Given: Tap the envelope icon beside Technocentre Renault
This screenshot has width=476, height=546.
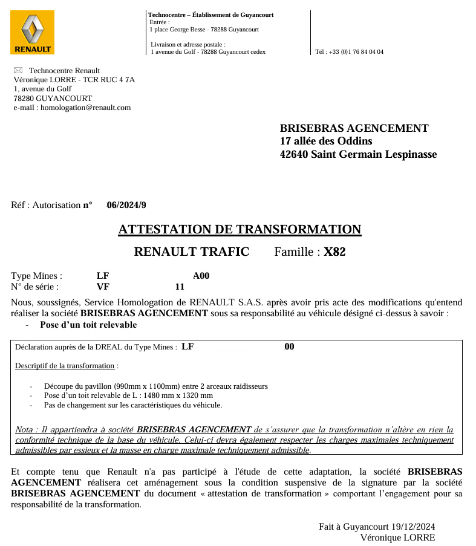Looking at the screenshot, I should (18, 71).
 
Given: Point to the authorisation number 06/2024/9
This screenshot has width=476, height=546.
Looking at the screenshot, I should (126, 205).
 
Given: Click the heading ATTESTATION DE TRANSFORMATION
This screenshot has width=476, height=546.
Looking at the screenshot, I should (240, 230).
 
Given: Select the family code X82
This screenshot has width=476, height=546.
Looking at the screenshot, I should (334, 252).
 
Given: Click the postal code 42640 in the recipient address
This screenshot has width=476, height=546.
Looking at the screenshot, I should (294, 154).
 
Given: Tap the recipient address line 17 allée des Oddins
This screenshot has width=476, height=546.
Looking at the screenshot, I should (326, 141).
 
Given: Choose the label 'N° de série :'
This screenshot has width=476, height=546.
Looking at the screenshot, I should (35, 287).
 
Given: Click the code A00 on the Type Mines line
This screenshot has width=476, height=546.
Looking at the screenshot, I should (201, 276).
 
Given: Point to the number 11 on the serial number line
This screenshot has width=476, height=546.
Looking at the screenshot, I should (180, 287).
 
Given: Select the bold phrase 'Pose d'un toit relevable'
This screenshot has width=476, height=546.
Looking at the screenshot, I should (88, 325).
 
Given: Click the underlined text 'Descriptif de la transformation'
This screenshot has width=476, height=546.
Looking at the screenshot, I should (65, 366).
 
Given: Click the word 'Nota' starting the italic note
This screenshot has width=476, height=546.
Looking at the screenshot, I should (24, 430).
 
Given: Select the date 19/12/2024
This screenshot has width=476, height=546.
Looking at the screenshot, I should (413, 527).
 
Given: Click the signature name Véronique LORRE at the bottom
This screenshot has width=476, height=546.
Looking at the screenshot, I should (397, 538).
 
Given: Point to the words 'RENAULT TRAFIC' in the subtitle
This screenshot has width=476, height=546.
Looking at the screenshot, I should (191, 252).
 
